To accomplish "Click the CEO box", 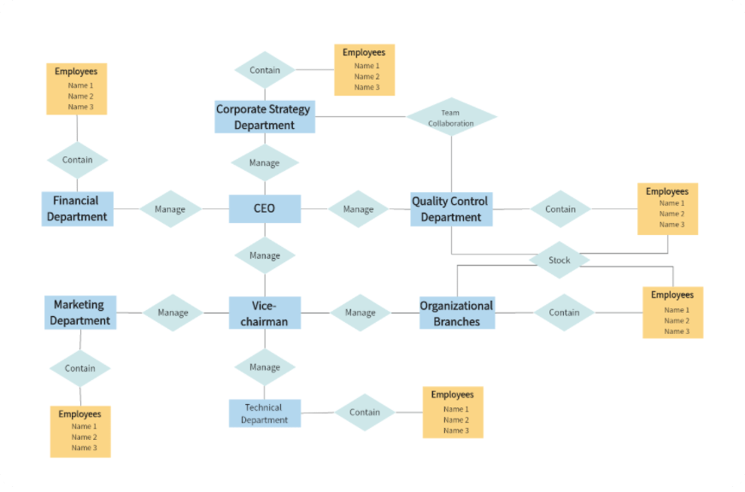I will pos(265,208).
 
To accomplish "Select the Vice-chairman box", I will pos(265,313).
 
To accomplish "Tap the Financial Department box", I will pos(78,208).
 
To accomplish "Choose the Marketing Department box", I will pos(80,313).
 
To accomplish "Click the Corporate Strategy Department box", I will pos(265,117).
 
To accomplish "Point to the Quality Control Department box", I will pos(451,208).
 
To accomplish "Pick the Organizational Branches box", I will pos(457,313).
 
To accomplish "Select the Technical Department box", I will pos(265,413).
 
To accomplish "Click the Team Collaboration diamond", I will pos(451,118).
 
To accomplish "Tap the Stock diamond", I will pos(560,260).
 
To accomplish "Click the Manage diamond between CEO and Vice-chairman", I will pos(265,255).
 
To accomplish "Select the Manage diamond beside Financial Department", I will pos(170,209).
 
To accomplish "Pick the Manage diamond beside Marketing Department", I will pos(173,313).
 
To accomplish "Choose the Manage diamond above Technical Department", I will pos(265,367).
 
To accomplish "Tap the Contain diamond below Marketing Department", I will pos(80,368).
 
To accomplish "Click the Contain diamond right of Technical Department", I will pos(365,413).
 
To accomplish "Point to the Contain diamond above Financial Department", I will pos(78,160).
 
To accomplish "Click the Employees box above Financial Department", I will pos(77,89).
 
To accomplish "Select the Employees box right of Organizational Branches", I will pos(673,313).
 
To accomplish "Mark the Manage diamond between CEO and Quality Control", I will pos(359,209).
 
